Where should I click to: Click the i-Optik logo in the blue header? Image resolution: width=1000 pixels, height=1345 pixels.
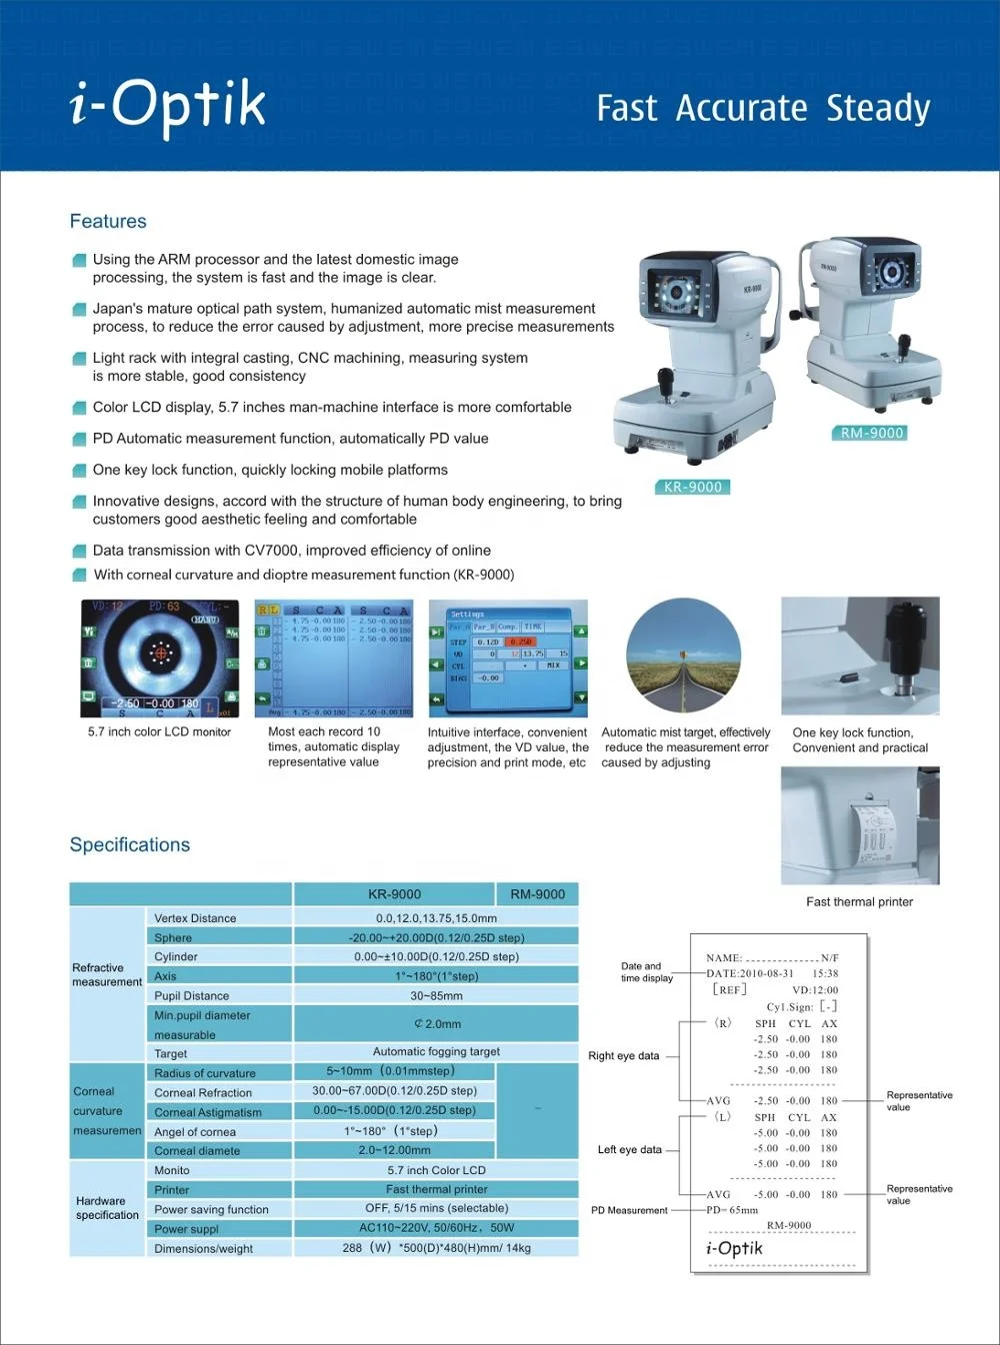click(x=168, y=105)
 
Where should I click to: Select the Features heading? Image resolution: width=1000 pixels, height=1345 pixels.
click(x=108, y=222)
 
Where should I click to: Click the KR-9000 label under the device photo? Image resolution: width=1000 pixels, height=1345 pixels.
click(x=692, y=487)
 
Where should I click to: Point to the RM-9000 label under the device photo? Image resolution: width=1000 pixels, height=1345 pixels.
click(x=872, y=433)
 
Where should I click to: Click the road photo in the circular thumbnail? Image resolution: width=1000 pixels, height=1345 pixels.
click(x=684, y=657)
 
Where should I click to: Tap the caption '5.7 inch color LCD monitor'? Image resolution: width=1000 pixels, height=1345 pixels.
click(x=159, y=732)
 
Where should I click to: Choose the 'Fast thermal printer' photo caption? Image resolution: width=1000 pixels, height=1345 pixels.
click(x=859, y=901)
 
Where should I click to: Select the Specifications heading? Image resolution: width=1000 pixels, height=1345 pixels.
click(x=130, y=845)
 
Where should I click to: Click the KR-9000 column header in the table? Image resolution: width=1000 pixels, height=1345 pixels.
click(x=394, y=894)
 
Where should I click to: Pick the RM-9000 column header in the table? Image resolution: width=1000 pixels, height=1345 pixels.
click(x=537, y=894)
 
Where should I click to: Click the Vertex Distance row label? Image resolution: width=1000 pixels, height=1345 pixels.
click(x=195, y=918)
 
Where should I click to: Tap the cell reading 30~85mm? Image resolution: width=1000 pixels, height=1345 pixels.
click(x=436, y=996)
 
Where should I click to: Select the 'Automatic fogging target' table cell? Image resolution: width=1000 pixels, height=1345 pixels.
click(x=436, y=1051)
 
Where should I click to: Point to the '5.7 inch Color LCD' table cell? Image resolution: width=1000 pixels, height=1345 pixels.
click(x=436, y=1170)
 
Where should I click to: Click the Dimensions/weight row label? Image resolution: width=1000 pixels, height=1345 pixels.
click(x=203, y=1249)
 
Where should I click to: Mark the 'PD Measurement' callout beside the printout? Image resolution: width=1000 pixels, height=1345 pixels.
click(x=629, y=1210)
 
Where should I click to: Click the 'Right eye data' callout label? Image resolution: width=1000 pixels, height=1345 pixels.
click(x=623, y=1056)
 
